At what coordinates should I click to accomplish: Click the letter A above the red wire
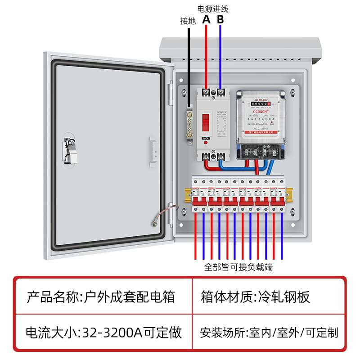206,19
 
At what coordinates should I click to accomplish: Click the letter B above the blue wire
220,19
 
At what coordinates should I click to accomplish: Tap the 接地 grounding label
188,21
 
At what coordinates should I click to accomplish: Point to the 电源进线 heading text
213,9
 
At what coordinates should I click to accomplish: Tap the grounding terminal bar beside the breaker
190,124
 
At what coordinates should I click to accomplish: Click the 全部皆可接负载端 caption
238,267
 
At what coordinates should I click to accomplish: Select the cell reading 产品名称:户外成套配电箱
101,297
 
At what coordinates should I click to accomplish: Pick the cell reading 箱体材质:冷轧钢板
255,297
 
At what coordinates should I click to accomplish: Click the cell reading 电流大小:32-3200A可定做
104,333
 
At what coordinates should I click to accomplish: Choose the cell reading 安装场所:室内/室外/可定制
269,333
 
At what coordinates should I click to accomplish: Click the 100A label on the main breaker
206,138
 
